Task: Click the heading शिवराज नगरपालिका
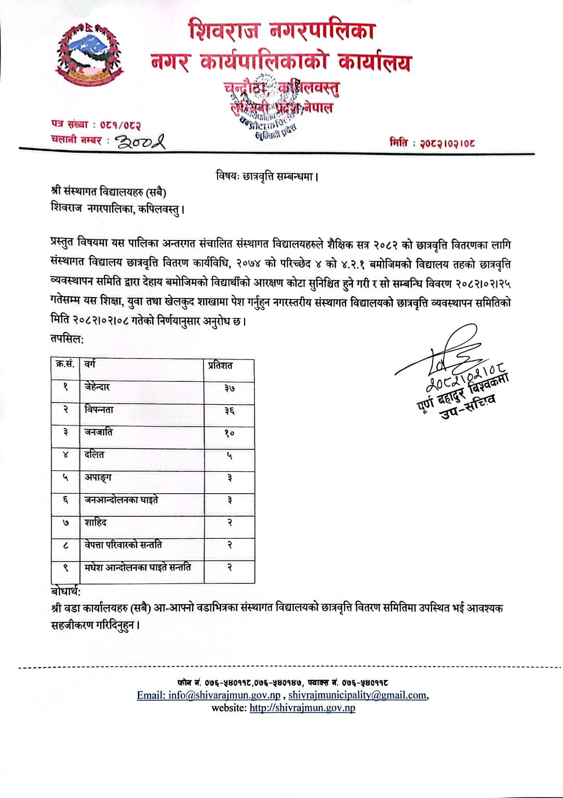tap(281, 30)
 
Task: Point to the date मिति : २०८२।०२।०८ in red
tap(432, 142)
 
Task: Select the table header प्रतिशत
tap(220, 365)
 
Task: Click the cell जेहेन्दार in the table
tap(97, 387)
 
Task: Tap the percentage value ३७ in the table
tap(229, 388)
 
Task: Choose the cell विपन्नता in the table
tap(99, 409)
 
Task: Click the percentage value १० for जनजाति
tap(229, 433)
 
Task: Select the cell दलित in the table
tap(95, 455)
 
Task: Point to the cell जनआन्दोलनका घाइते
tap(121, 500)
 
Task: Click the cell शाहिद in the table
tap(96, 522)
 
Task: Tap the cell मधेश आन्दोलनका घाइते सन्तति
tap(138, 567)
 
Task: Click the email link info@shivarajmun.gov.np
tap(208, 695)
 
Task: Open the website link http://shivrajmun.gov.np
tap(302, 708)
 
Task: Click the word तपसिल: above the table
tap(67, 339)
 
